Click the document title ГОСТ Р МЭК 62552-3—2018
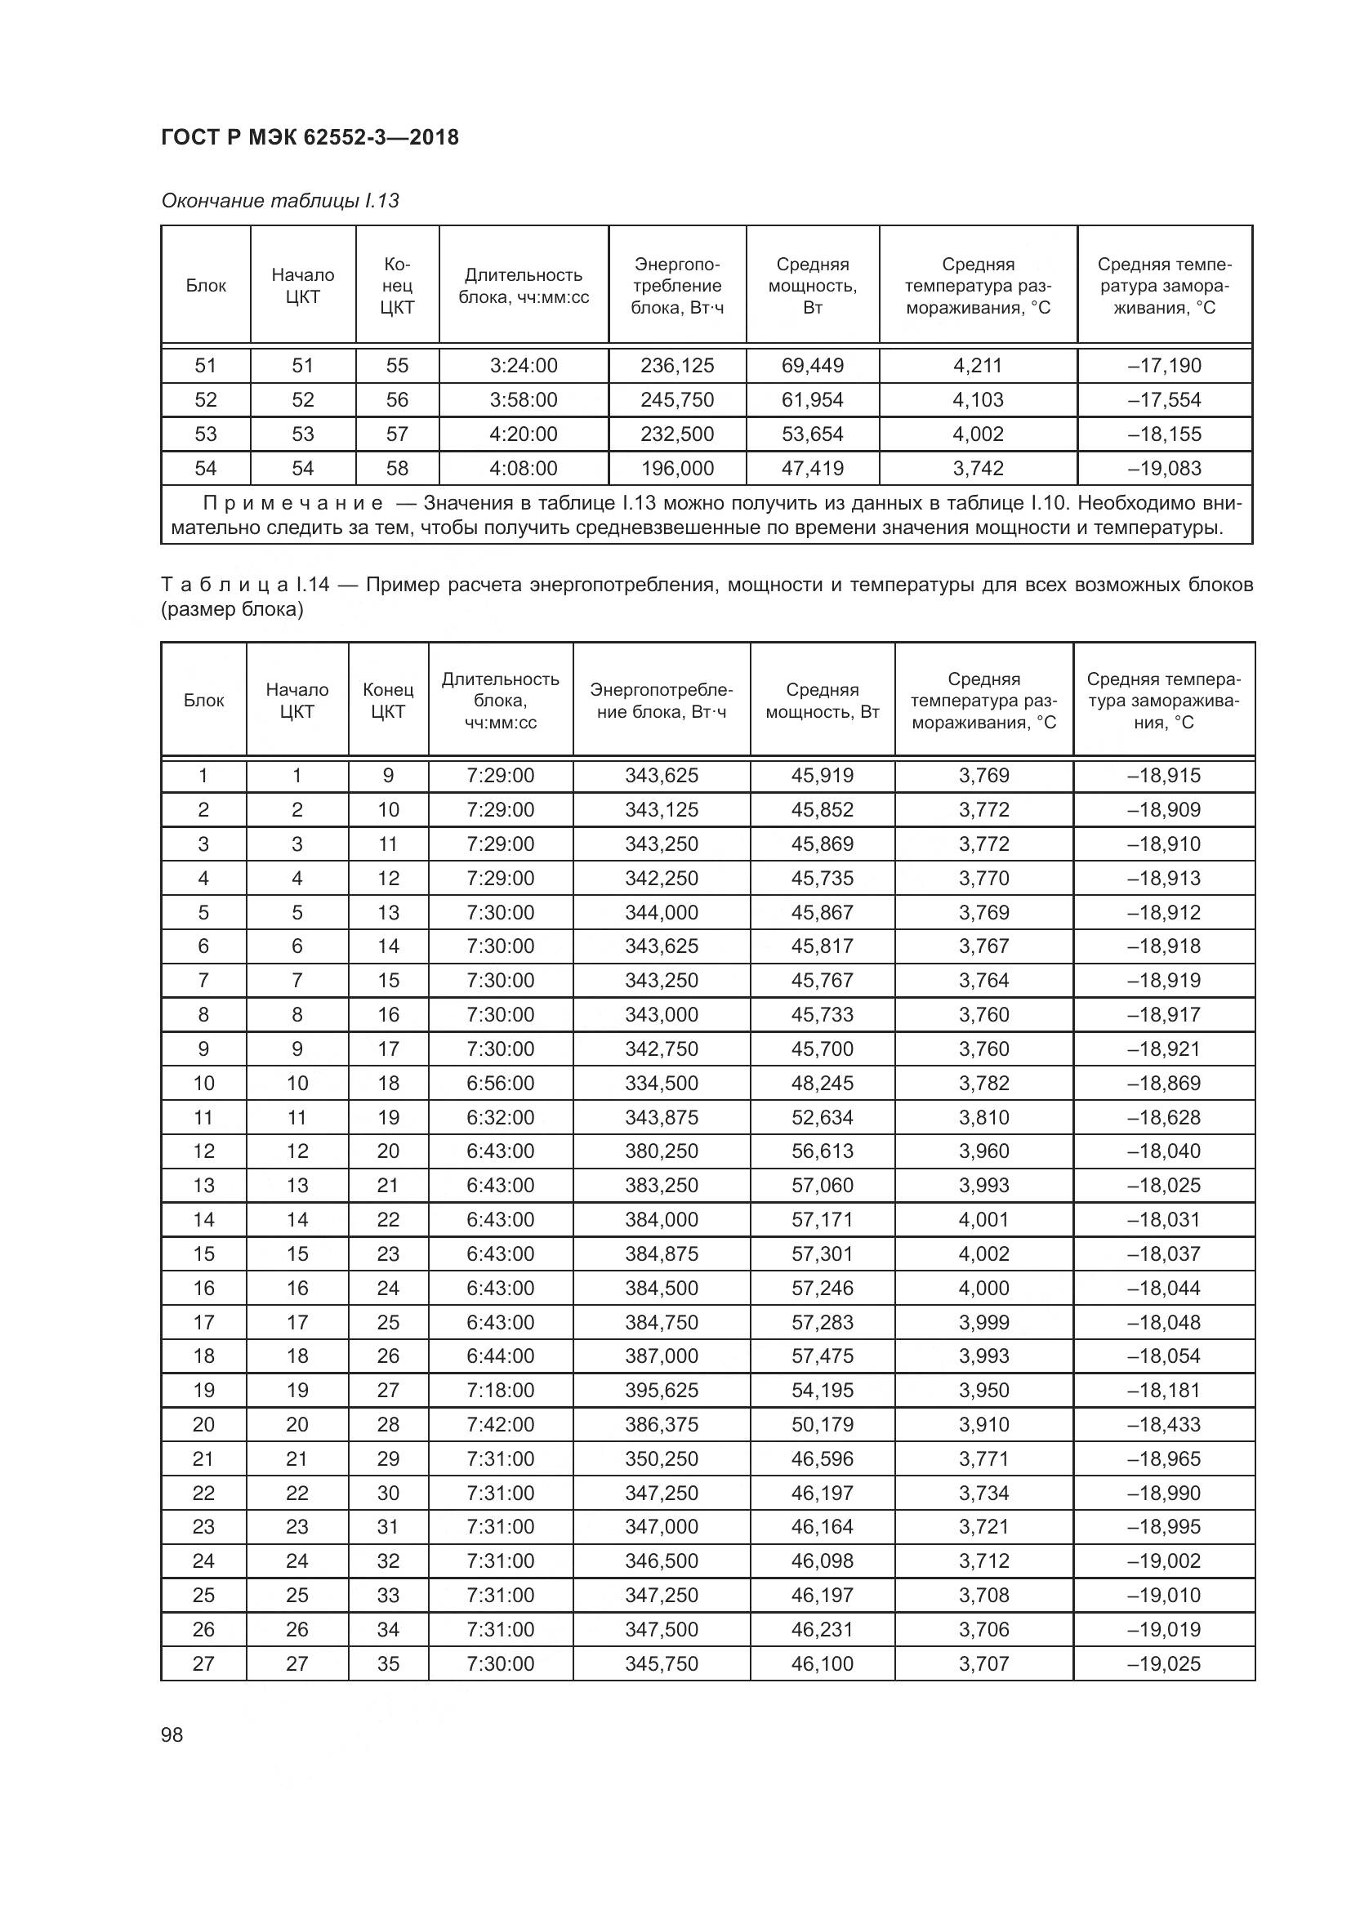coord(310,137)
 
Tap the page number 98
coord(172,1734)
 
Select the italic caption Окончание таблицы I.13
coord(280,201)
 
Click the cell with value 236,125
coord(677,365)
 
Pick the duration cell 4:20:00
coord(524,434)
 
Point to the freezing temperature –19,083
coord(1164,469)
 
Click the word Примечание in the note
coord(294,503)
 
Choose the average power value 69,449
coord(812,365)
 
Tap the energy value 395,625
coord(662,1390)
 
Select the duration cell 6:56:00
coord(500,1083)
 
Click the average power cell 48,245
coord(822,1083)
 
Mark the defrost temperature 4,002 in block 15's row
coord(983,1253)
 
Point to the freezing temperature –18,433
coord(1164,1424)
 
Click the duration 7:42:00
coord(500,1424)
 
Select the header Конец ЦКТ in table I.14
coord(388,701)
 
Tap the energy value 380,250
coord(662,1151)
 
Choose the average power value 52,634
coord(822,1117)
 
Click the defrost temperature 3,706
coord(983,1629)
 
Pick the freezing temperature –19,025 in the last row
coord(1164,1663)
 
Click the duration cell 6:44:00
coord(500,1356)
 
